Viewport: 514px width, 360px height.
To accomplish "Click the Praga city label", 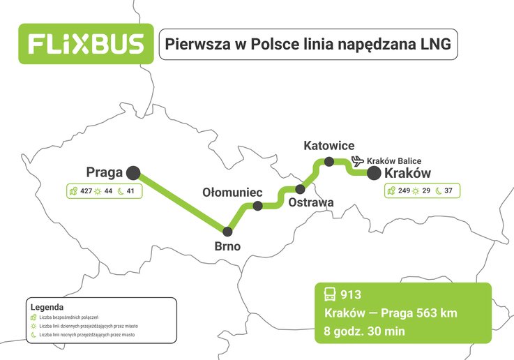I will (105, 172).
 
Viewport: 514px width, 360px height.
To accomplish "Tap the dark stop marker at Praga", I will (133, 172).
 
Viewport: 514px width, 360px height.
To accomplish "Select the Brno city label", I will (228, 246).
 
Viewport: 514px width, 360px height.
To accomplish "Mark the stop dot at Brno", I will (227, 230).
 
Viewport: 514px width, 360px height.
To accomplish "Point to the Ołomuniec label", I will (232, 191).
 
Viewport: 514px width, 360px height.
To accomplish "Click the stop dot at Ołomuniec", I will (257, 206).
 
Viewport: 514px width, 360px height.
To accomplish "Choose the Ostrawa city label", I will (311, 203).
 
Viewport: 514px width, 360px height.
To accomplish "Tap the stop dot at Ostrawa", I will (301, 189).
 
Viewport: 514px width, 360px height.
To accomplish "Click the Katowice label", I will (329, 146).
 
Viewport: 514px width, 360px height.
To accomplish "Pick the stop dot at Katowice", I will (329, 162).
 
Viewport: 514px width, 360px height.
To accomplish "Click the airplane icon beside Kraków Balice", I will (358, 160).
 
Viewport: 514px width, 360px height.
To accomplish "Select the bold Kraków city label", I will (408, 174).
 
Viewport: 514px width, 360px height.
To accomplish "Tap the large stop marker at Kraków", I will (374, 173).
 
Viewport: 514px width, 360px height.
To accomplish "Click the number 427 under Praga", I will (86, 191).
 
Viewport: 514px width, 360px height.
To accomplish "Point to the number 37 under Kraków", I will (448, 191).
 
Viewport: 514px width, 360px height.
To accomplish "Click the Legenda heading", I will (47, 306).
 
